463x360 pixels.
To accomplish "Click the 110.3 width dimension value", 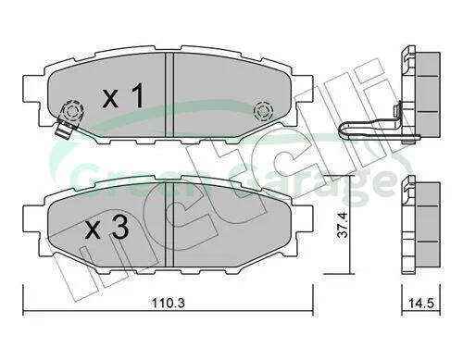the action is point(169,304).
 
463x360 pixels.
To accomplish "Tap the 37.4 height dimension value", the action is point(343,225).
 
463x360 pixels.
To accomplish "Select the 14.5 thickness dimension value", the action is point(421,304).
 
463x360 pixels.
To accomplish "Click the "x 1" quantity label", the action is point(123,95).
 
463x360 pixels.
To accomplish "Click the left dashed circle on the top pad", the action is point(73,111).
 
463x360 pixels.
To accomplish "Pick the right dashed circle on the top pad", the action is point(263,111).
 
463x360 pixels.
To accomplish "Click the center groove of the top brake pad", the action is point(169,94).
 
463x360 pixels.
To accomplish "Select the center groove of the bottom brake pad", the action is point(169,224).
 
